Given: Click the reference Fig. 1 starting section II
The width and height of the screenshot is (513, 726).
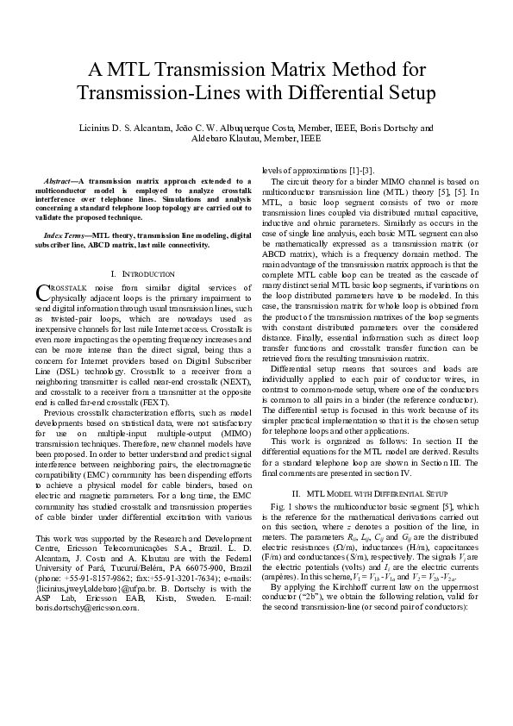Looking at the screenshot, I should click(x=283, y=504).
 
